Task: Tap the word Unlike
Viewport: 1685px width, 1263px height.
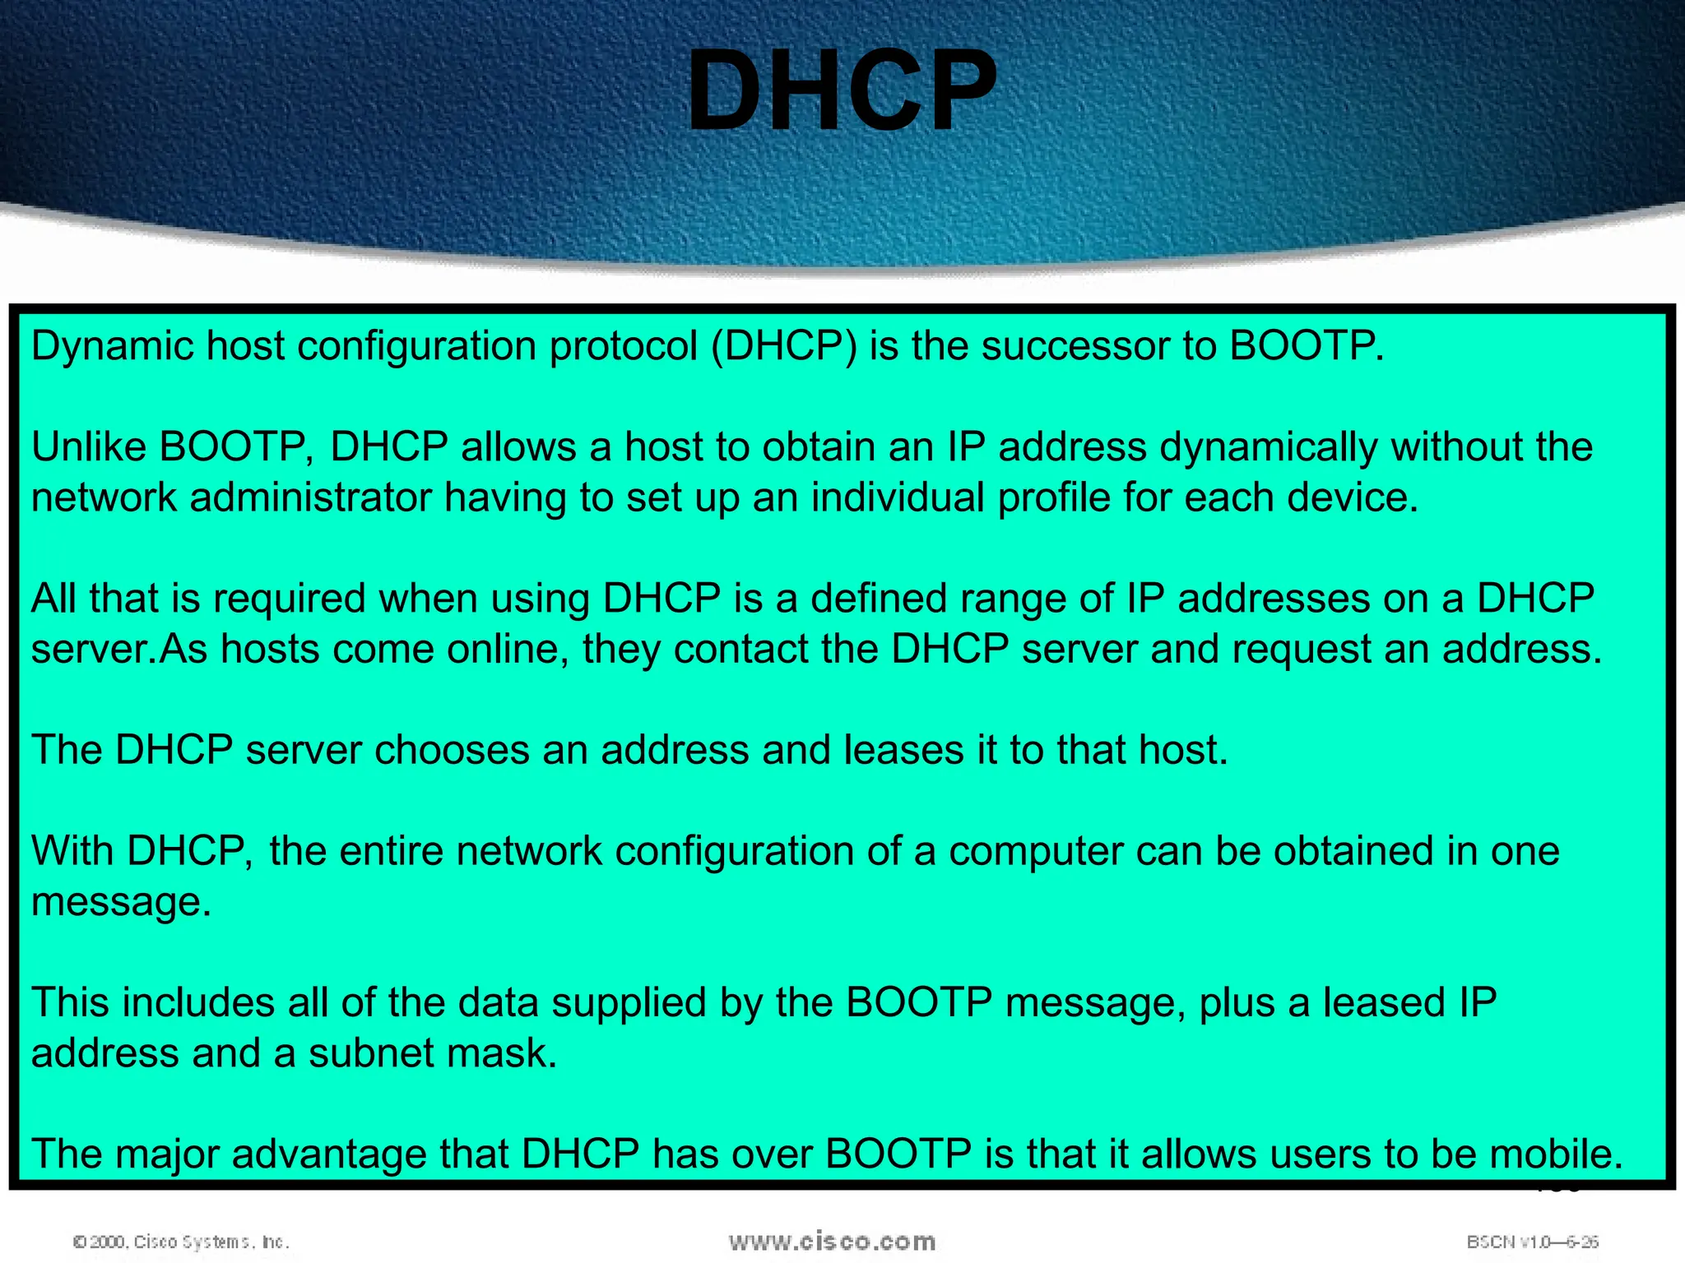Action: click(x=88, y=447)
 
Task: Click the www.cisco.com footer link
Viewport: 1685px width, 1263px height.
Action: click(x=832, y=1241)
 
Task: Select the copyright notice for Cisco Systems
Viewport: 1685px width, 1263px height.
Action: click(x=181, y=1242)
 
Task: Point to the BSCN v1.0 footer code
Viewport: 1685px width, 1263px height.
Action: click(x=1532, y=1242)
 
